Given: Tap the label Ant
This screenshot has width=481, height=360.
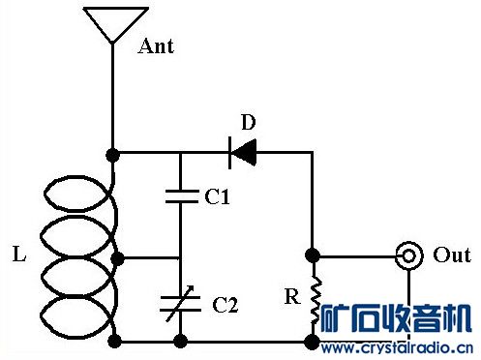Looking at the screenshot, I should pos(156,46).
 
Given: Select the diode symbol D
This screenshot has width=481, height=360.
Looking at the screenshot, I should pos(242,152).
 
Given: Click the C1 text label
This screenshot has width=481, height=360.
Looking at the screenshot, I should pos(218,197).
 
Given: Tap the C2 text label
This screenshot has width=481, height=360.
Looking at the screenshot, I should pos(225,305).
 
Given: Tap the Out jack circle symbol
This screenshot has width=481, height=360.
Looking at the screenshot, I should pos(410,256).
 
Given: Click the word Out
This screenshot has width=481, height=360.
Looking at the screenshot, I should pos(452,255).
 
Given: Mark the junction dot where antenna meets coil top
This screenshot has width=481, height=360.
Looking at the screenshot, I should pos(113,153).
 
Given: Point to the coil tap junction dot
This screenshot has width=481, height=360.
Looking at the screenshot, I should pos(118,258).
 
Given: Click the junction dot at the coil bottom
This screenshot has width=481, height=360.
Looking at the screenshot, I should pos(117,341).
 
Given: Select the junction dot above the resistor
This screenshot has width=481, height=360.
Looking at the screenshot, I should pos(313,256).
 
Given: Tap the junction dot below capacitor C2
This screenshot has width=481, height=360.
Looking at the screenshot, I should pos(181,341).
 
